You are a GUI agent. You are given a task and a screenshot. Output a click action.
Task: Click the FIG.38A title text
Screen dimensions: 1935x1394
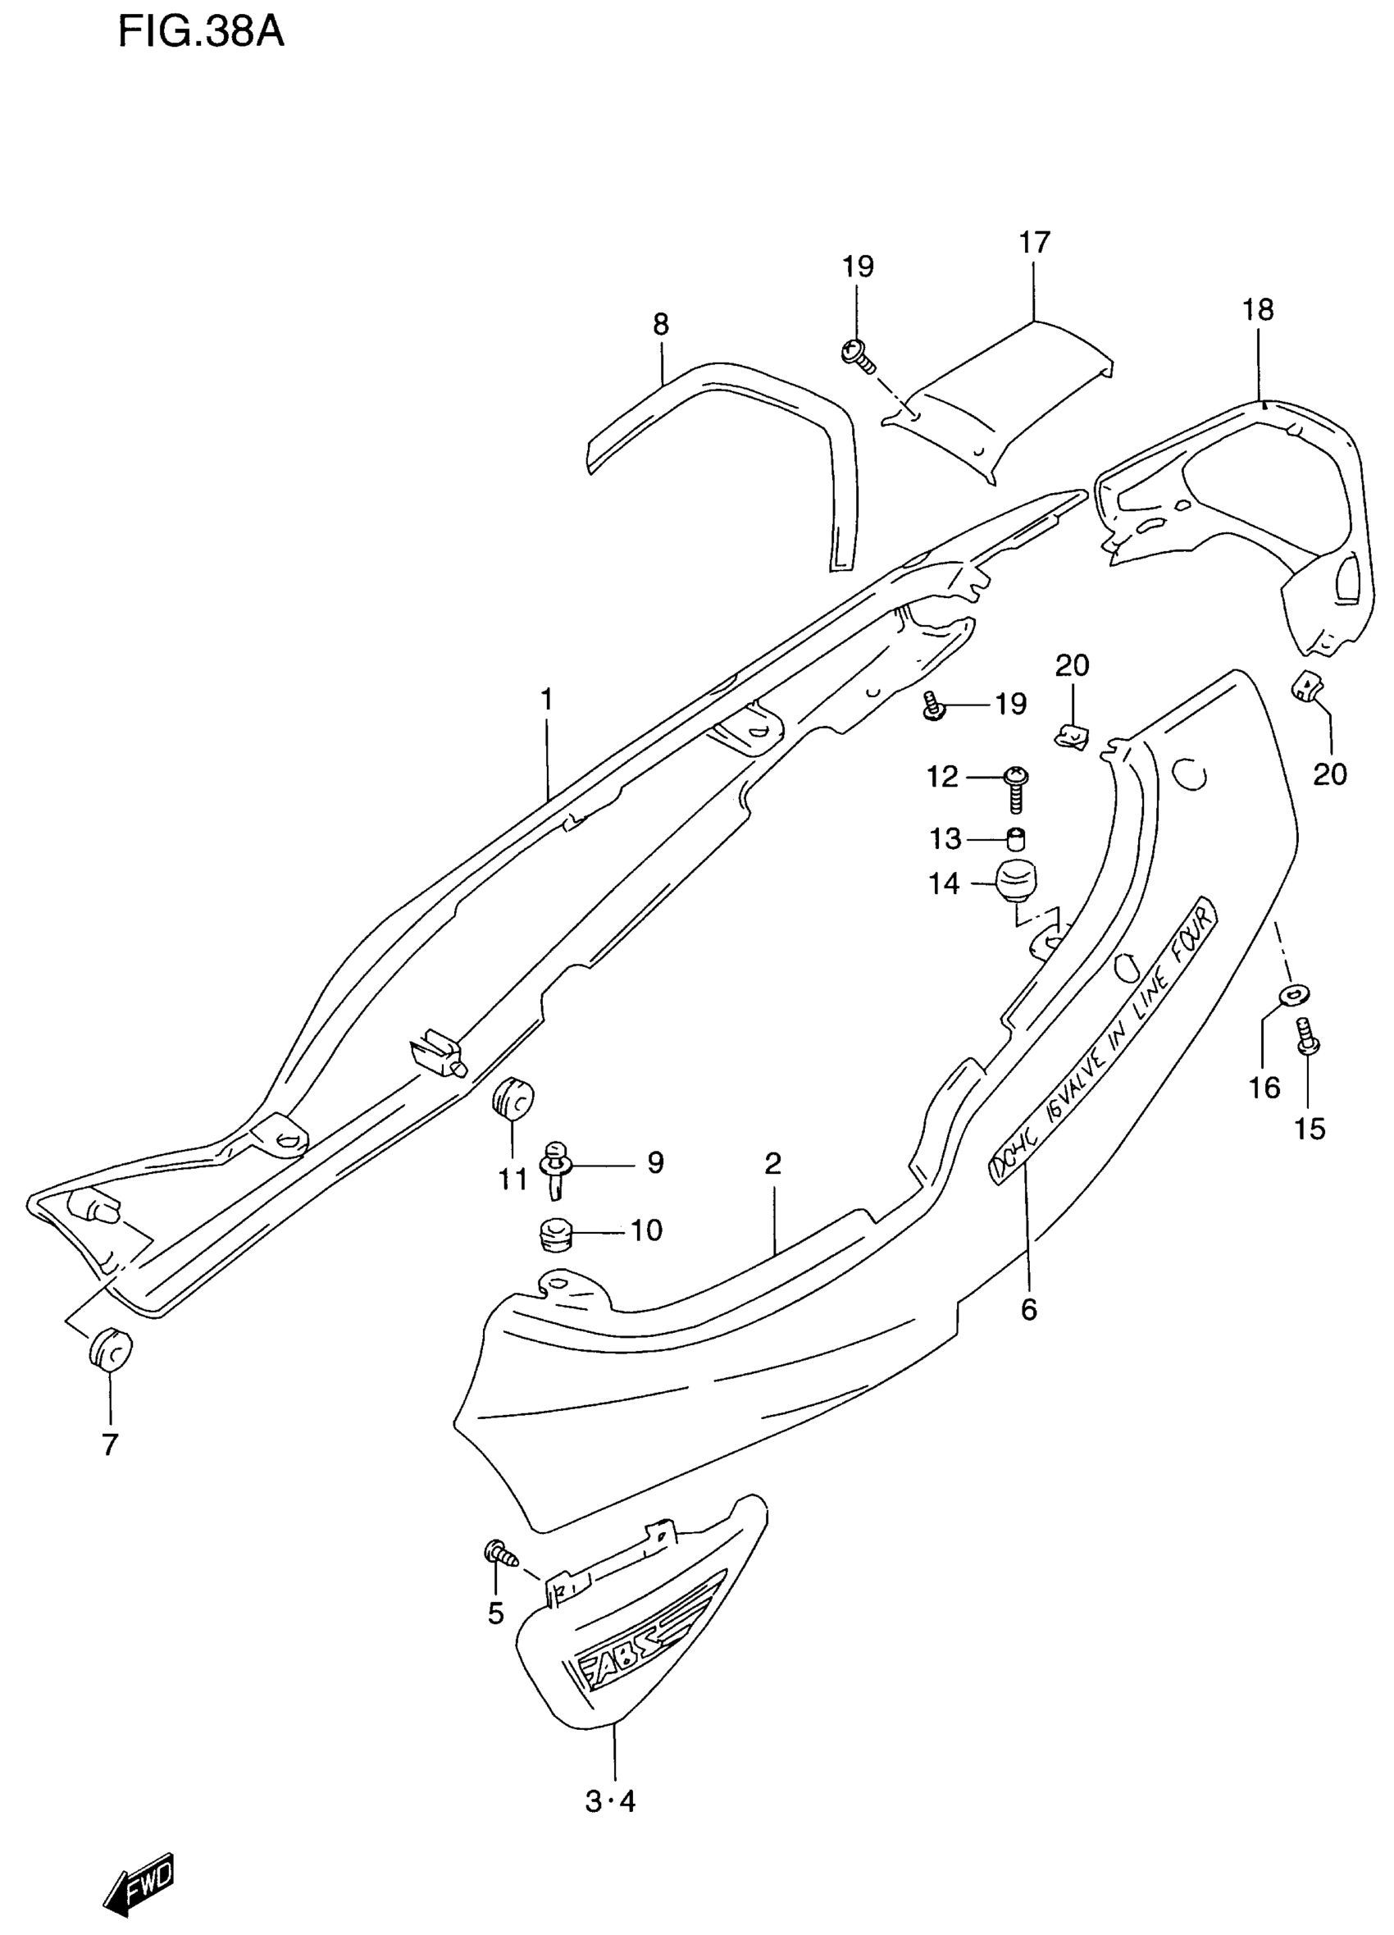click(200, 34)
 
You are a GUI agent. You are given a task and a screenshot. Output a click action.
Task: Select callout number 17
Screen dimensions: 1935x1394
click(1034, 243)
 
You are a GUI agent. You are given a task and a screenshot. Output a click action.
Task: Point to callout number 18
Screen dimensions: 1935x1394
click(1259, 310)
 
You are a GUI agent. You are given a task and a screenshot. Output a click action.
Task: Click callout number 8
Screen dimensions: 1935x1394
click(660, 324)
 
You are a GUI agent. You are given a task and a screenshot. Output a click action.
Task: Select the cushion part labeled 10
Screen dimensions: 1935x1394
click(555, 1234)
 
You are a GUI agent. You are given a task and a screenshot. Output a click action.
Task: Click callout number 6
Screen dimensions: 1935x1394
click(1029, 1310)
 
